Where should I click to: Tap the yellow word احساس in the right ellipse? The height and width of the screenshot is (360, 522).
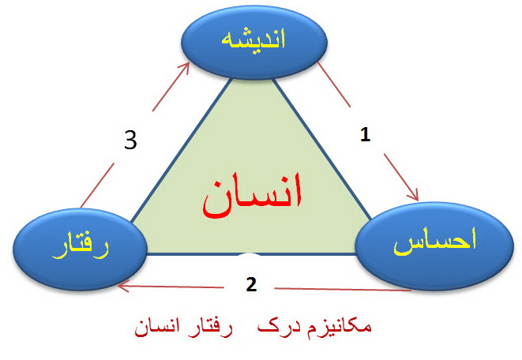(435, 242)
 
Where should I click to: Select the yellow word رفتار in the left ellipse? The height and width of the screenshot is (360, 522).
(81, 248)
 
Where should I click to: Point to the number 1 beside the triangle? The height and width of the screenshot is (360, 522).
(365, 135)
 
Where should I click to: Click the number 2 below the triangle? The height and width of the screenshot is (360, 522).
(251, 284)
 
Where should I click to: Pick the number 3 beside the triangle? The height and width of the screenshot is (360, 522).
(130, 140)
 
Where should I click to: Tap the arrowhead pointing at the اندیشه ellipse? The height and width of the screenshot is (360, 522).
(184, 67)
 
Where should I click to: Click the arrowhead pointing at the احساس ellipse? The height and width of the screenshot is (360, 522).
(414, 195)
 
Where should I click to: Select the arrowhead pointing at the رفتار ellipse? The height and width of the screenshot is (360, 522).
(124, 286)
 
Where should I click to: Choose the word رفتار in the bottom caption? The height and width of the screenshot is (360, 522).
(210, 328)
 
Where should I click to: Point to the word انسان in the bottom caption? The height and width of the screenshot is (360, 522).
(157, 328)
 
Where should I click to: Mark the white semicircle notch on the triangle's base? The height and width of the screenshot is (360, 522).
(250, 255)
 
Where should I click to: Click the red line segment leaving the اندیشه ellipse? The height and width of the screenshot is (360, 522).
(334, 84)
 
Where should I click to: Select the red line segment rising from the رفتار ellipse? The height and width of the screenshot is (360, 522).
(97, 185)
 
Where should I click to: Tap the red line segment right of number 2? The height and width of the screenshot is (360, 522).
(343, 290)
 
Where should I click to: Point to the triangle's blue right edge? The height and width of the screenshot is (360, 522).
(322, 149)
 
